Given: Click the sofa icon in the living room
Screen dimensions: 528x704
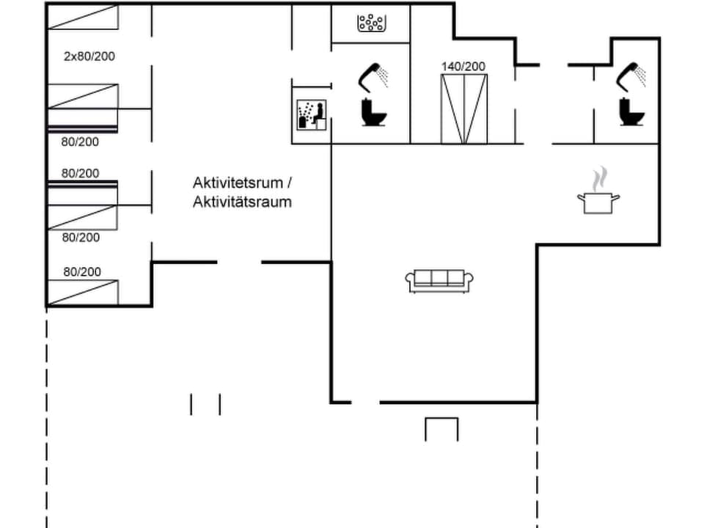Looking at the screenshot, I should (439, 281).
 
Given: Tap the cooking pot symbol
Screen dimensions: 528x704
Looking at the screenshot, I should (598, 202).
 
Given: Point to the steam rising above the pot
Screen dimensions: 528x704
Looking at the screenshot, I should (600, 178).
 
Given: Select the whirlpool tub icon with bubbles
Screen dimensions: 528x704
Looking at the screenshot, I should (371, 24).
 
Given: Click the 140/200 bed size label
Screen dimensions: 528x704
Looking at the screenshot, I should (463, 66).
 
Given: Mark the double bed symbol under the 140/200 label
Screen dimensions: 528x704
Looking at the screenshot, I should (463, 109).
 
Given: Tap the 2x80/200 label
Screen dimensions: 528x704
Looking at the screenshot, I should (89, 56).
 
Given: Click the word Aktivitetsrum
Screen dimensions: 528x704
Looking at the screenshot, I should (237, 182).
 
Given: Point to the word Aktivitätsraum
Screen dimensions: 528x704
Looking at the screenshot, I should (242, 202).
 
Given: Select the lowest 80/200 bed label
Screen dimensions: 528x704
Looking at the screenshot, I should (82, 271).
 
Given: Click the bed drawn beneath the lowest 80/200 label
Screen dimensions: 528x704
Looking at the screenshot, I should (83, 292).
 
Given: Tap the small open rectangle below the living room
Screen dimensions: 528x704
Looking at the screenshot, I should (441, 429).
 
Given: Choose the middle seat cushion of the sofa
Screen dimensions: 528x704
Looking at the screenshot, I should (439, 278).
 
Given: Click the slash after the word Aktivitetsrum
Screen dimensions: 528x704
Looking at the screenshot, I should (288, 182).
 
